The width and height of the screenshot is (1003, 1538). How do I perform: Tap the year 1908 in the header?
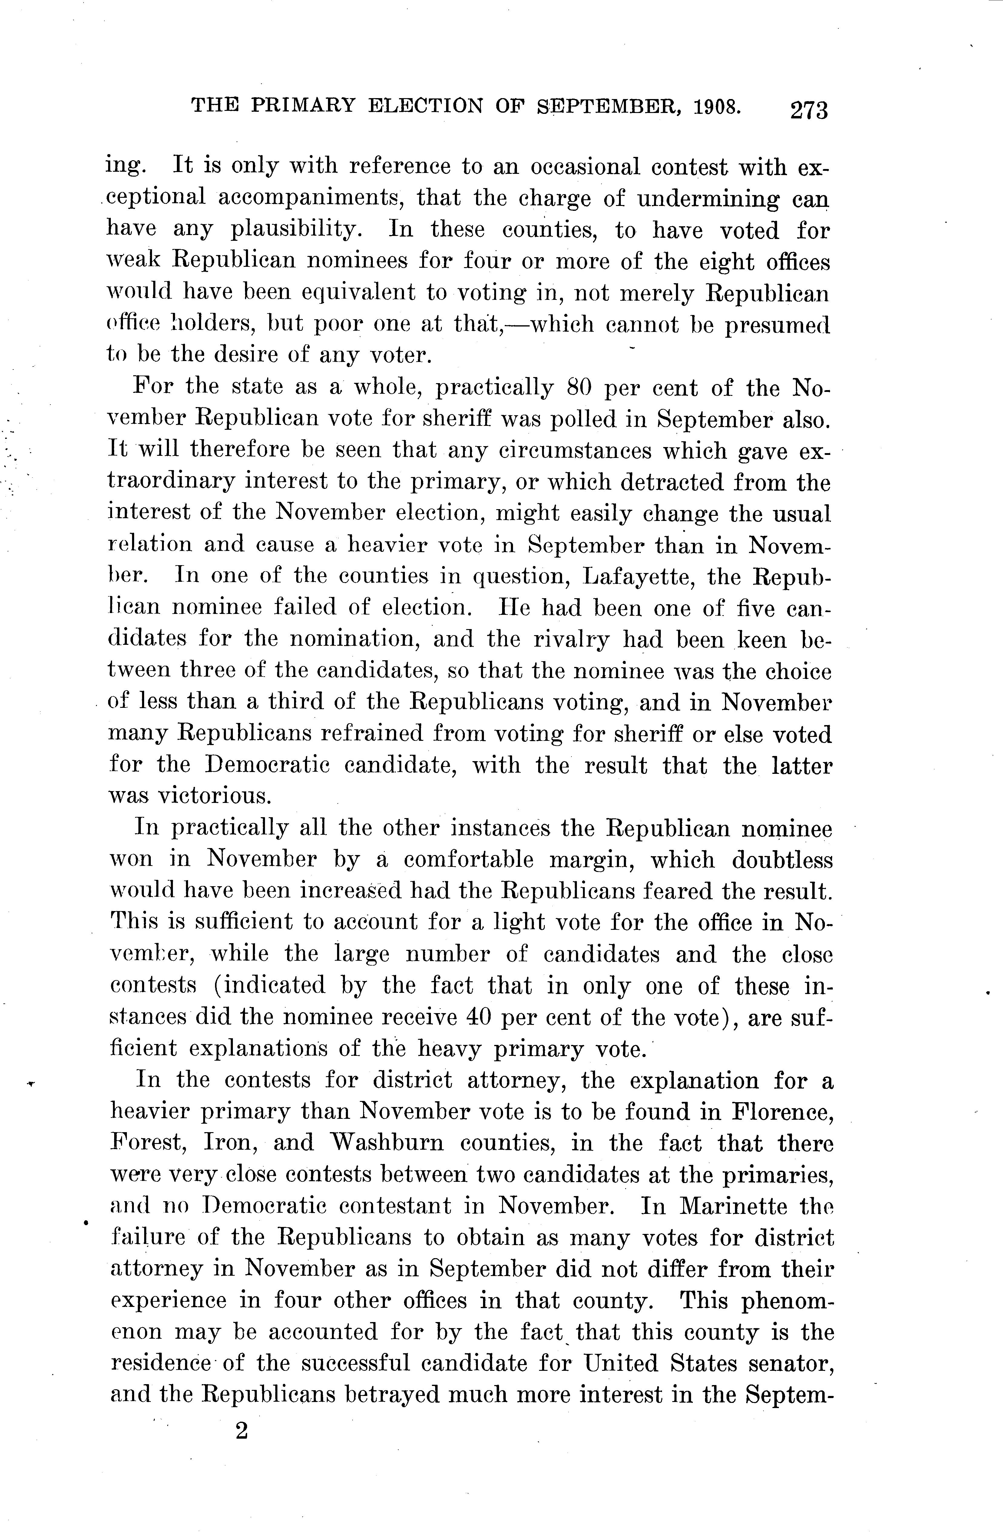717,106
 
